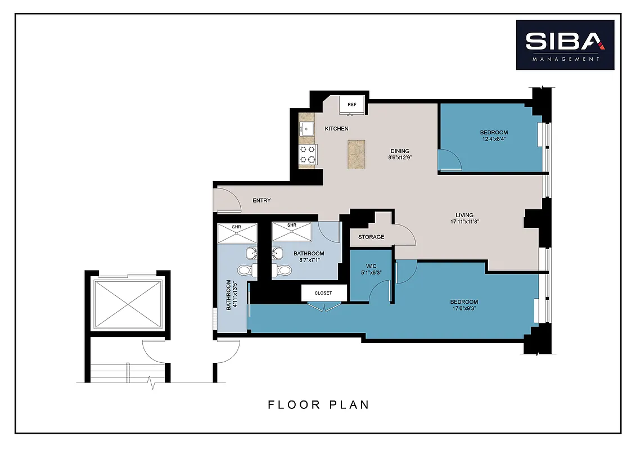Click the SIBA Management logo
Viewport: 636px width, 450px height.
click(565, 45)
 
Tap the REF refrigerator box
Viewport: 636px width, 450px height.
click(352, 105)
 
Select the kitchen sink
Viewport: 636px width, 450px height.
click(306, 129)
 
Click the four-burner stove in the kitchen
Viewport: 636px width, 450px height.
click(308, 154)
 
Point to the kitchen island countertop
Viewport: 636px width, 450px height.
click(357, 155)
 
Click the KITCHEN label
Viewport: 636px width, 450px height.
click(336, 129)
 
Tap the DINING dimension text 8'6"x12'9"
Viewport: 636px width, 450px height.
click(400, 158)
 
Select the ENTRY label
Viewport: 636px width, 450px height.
click(261, 201)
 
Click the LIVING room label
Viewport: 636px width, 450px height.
click(464, 215)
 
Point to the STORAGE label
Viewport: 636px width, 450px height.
click(371, 237)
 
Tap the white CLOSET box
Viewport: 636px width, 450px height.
click(323, 293)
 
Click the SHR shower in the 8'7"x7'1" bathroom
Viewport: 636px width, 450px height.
click(292, 231)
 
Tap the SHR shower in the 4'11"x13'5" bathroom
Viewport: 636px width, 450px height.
click(237, 233)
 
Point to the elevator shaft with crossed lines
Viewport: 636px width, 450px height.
click(128, 304)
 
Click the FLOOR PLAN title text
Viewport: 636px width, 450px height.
click(318, 404)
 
